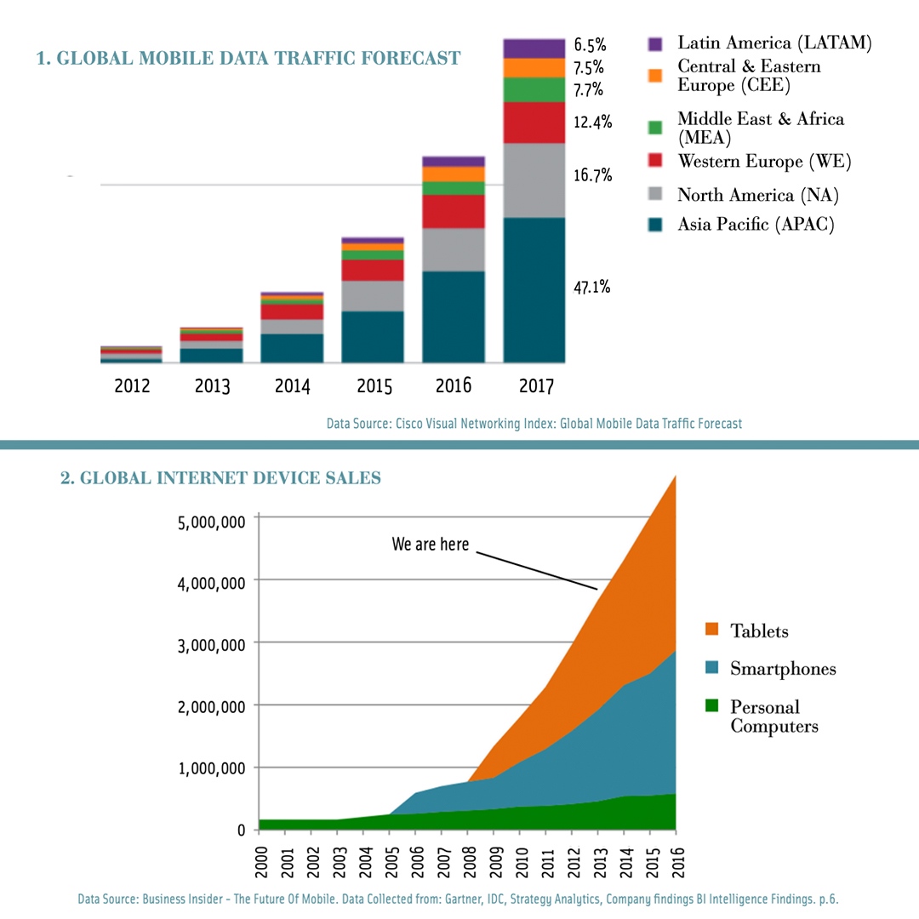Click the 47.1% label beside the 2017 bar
(x=591, y=288)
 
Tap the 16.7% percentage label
(x=592, y=175)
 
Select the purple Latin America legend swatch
(x=654, y=43)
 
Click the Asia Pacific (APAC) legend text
(x=756, y=225)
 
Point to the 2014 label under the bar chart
(x=292, y=386)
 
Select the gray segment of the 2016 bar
(x=454, y=249)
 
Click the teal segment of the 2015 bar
(x=373, y=336)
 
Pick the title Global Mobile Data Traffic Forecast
(x=248, y=58)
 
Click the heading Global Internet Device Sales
(x=220, y=478)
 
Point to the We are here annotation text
(x=430, y=544)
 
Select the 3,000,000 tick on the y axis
(x=211, y=644)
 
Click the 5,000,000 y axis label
(x=211, y=521)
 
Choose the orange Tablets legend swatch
(x=713, y=631)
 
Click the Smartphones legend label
(x=783, y=669)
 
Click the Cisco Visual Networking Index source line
(x=534, y=423)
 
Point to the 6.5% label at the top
(x=590, y=45)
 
